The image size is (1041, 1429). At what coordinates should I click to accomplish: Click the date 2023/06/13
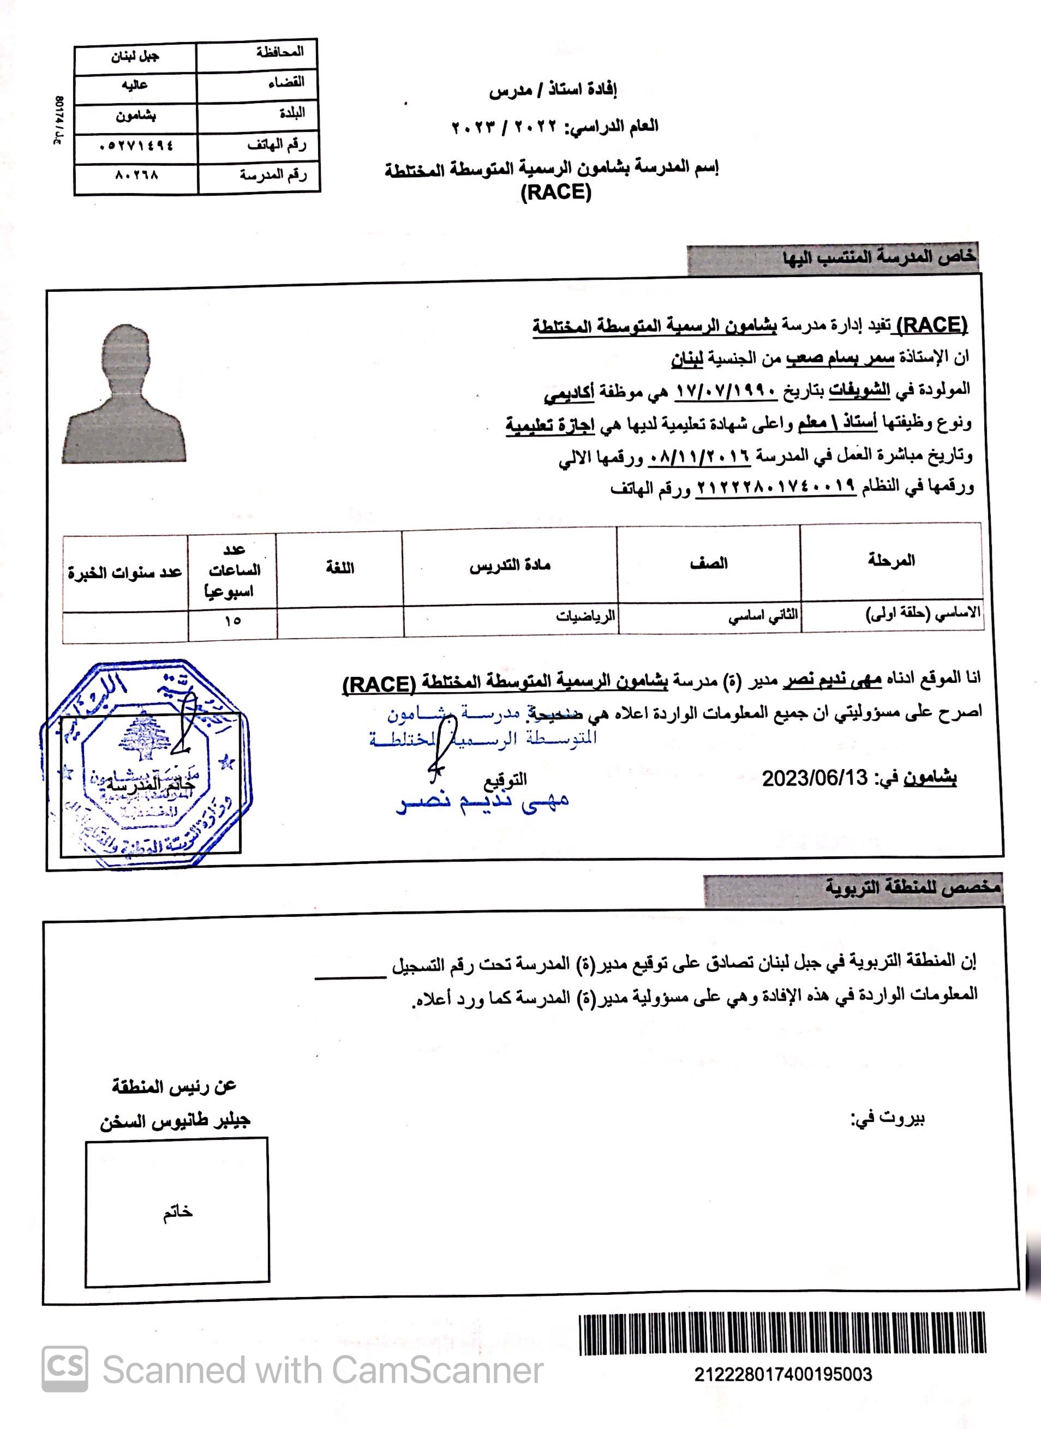coord(815,778)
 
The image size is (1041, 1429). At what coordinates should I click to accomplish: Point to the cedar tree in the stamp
coord(144,737)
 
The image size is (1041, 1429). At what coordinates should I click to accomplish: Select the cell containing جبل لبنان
coord(135,57)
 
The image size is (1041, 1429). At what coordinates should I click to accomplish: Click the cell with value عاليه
coord(135,86)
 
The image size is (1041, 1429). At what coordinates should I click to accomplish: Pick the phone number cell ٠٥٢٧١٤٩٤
coord(136,146)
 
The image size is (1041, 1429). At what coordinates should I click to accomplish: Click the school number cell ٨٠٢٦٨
coord(136,175)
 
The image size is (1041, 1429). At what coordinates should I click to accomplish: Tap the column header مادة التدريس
coord(509,565)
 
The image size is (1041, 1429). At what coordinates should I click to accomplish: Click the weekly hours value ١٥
coord(232,621)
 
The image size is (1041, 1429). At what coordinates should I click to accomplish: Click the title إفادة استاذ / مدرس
coord(553,91)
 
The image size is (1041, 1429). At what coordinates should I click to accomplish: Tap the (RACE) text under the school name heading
coord(556,192)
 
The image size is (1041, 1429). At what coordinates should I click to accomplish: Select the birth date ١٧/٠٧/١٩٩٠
coord(726,391)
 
